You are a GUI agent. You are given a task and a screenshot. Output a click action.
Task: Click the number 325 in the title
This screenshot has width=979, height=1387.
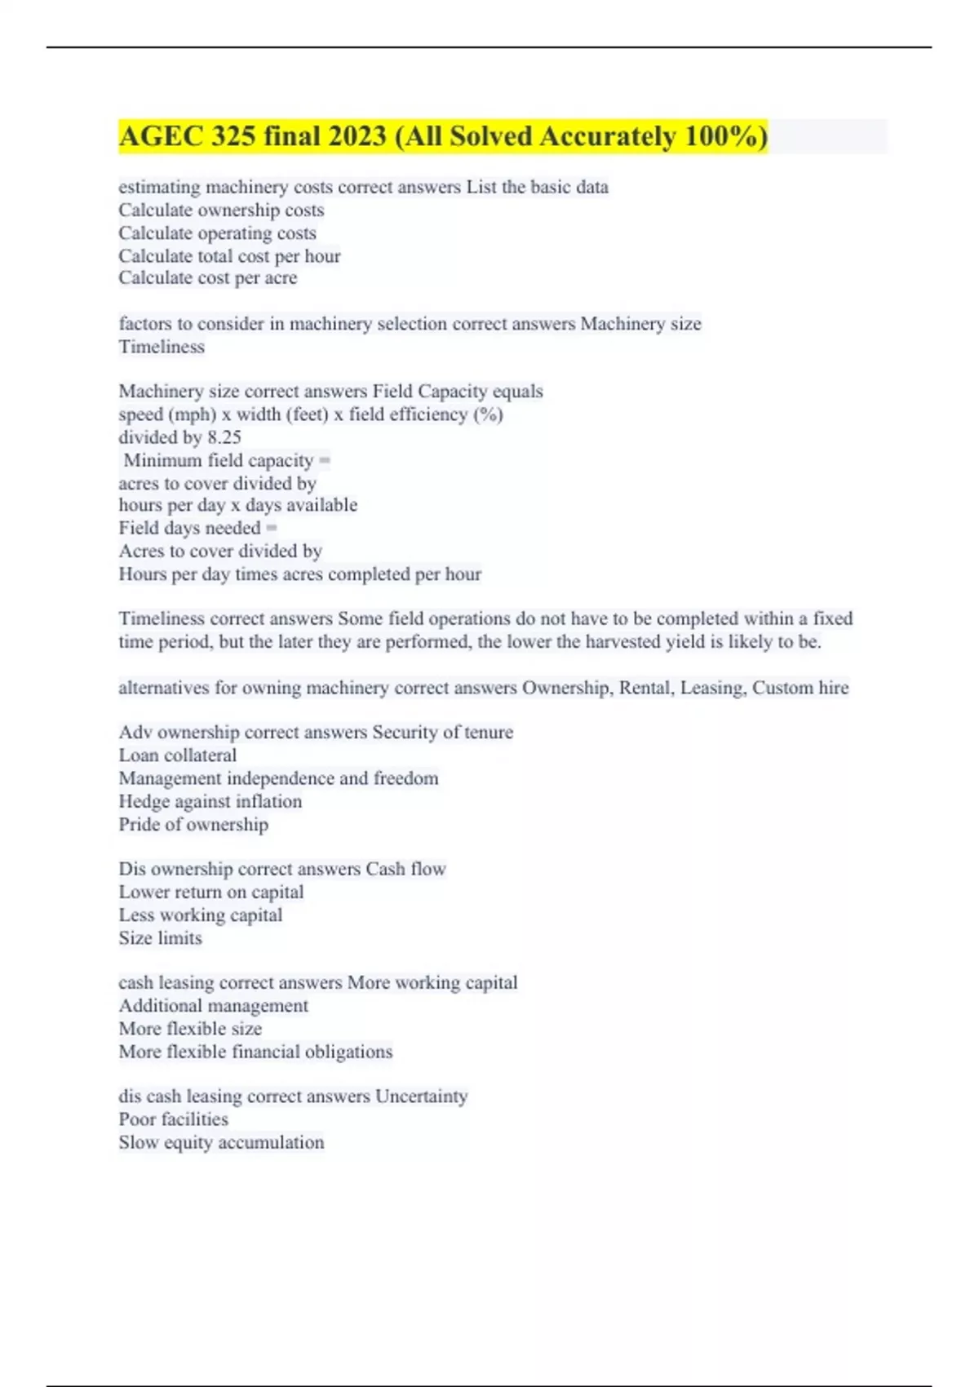233,136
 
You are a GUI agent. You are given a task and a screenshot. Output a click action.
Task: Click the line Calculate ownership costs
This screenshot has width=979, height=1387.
221,210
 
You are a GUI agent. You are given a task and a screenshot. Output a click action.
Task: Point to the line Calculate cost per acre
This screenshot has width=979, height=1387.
208,278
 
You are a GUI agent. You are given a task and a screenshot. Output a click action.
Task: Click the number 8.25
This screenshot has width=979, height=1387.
224,437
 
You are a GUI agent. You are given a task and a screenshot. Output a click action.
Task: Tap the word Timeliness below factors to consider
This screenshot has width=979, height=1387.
162,347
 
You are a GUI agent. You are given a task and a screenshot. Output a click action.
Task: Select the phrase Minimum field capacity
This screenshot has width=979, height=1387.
218,460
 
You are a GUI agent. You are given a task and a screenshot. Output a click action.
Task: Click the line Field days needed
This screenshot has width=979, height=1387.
189,528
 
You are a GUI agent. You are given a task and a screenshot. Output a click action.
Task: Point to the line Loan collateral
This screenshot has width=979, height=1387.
178,756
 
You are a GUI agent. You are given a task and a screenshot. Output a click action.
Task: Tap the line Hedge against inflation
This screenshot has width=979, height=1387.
210,801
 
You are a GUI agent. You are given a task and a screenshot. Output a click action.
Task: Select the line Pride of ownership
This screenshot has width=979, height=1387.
193,824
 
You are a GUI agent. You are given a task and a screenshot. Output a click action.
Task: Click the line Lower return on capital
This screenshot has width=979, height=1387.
211,892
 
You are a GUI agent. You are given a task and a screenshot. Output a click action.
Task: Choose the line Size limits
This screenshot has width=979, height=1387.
160,938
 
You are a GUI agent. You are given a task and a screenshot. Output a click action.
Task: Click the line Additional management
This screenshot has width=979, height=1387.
214,1006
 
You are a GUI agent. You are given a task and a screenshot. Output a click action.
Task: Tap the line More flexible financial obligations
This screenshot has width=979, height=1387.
255,1052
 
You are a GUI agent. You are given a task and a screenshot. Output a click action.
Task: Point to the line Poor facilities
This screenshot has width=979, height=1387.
173,1119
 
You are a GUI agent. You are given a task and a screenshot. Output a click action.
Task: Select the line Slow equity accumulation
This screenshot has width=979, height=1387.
221,1142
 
